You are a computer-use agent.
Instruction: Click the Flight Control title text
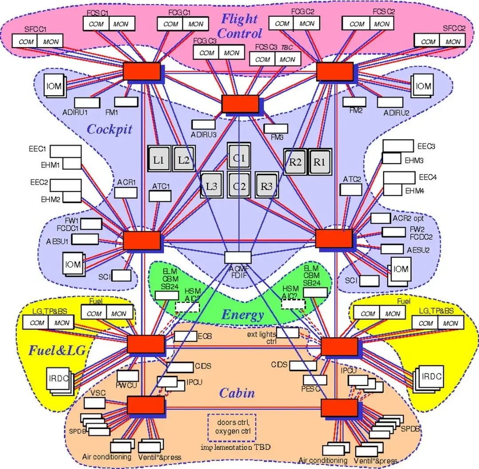point(240,26)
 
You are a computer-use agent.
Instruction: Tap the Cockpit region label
point(110,129)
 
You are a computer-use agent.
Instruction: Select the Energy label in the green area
point(242,315)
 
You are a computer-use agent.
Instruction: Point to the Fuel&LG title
point(57,351)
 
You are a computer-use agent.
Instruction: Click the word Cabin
point(237,393)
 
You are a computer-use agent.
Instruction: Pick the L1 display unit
point(159,160)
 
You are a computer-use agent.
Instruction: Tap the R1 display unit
point(319,161)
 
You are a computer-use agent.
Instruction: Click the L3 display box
point(212,186)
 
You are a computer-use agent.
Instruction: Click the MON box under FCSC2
point(381,24)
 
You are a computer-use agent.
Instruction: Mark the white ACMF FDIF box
point(238,257)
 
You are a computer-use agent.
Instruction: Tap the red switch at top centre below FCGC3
point(240,104)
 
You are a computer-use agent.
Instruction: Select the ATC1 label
point(161,186)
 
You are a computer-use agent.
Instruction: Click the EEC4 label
point(428,177)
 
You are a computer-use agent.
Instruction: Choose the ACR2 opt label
point(408,218)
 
